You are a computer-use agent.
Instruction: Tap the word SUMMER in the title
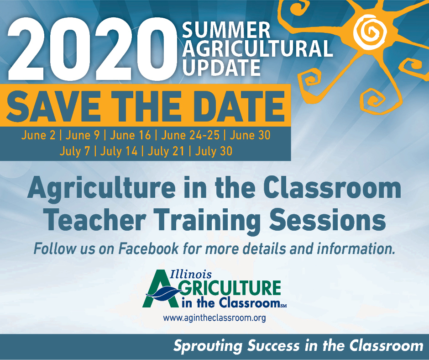coord(226,30)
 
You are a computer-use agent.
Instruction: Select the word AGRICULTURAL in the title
coord(257,49)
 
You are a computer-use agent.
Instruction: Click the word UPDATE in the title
coord(221,68)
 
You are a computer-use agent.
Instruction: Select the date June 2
coord(38,135)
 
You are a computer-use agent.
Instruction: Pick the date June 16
coord(130,135)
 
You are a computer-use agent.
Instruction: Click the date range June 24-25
coord(190,135)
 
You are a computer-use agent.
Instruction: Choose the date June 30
coord(250,135)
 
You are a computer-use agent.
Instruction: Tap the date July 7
coord(75,151)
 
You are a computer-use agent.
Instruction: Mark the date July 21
coord(166,151)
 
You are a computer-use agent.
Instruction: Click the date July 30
coord(214,151)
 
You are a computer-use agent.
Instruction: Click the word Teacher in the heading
coord(95,220)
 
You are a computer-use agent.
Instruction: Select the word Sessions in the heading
coord(328,220)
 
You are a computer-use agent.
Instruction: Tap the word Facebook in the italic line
coord(149,249)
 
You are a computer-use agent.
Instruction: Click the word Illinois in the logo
coord(191,274)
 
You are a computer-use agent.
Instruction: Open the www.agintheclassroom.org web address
coord(214,318)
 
